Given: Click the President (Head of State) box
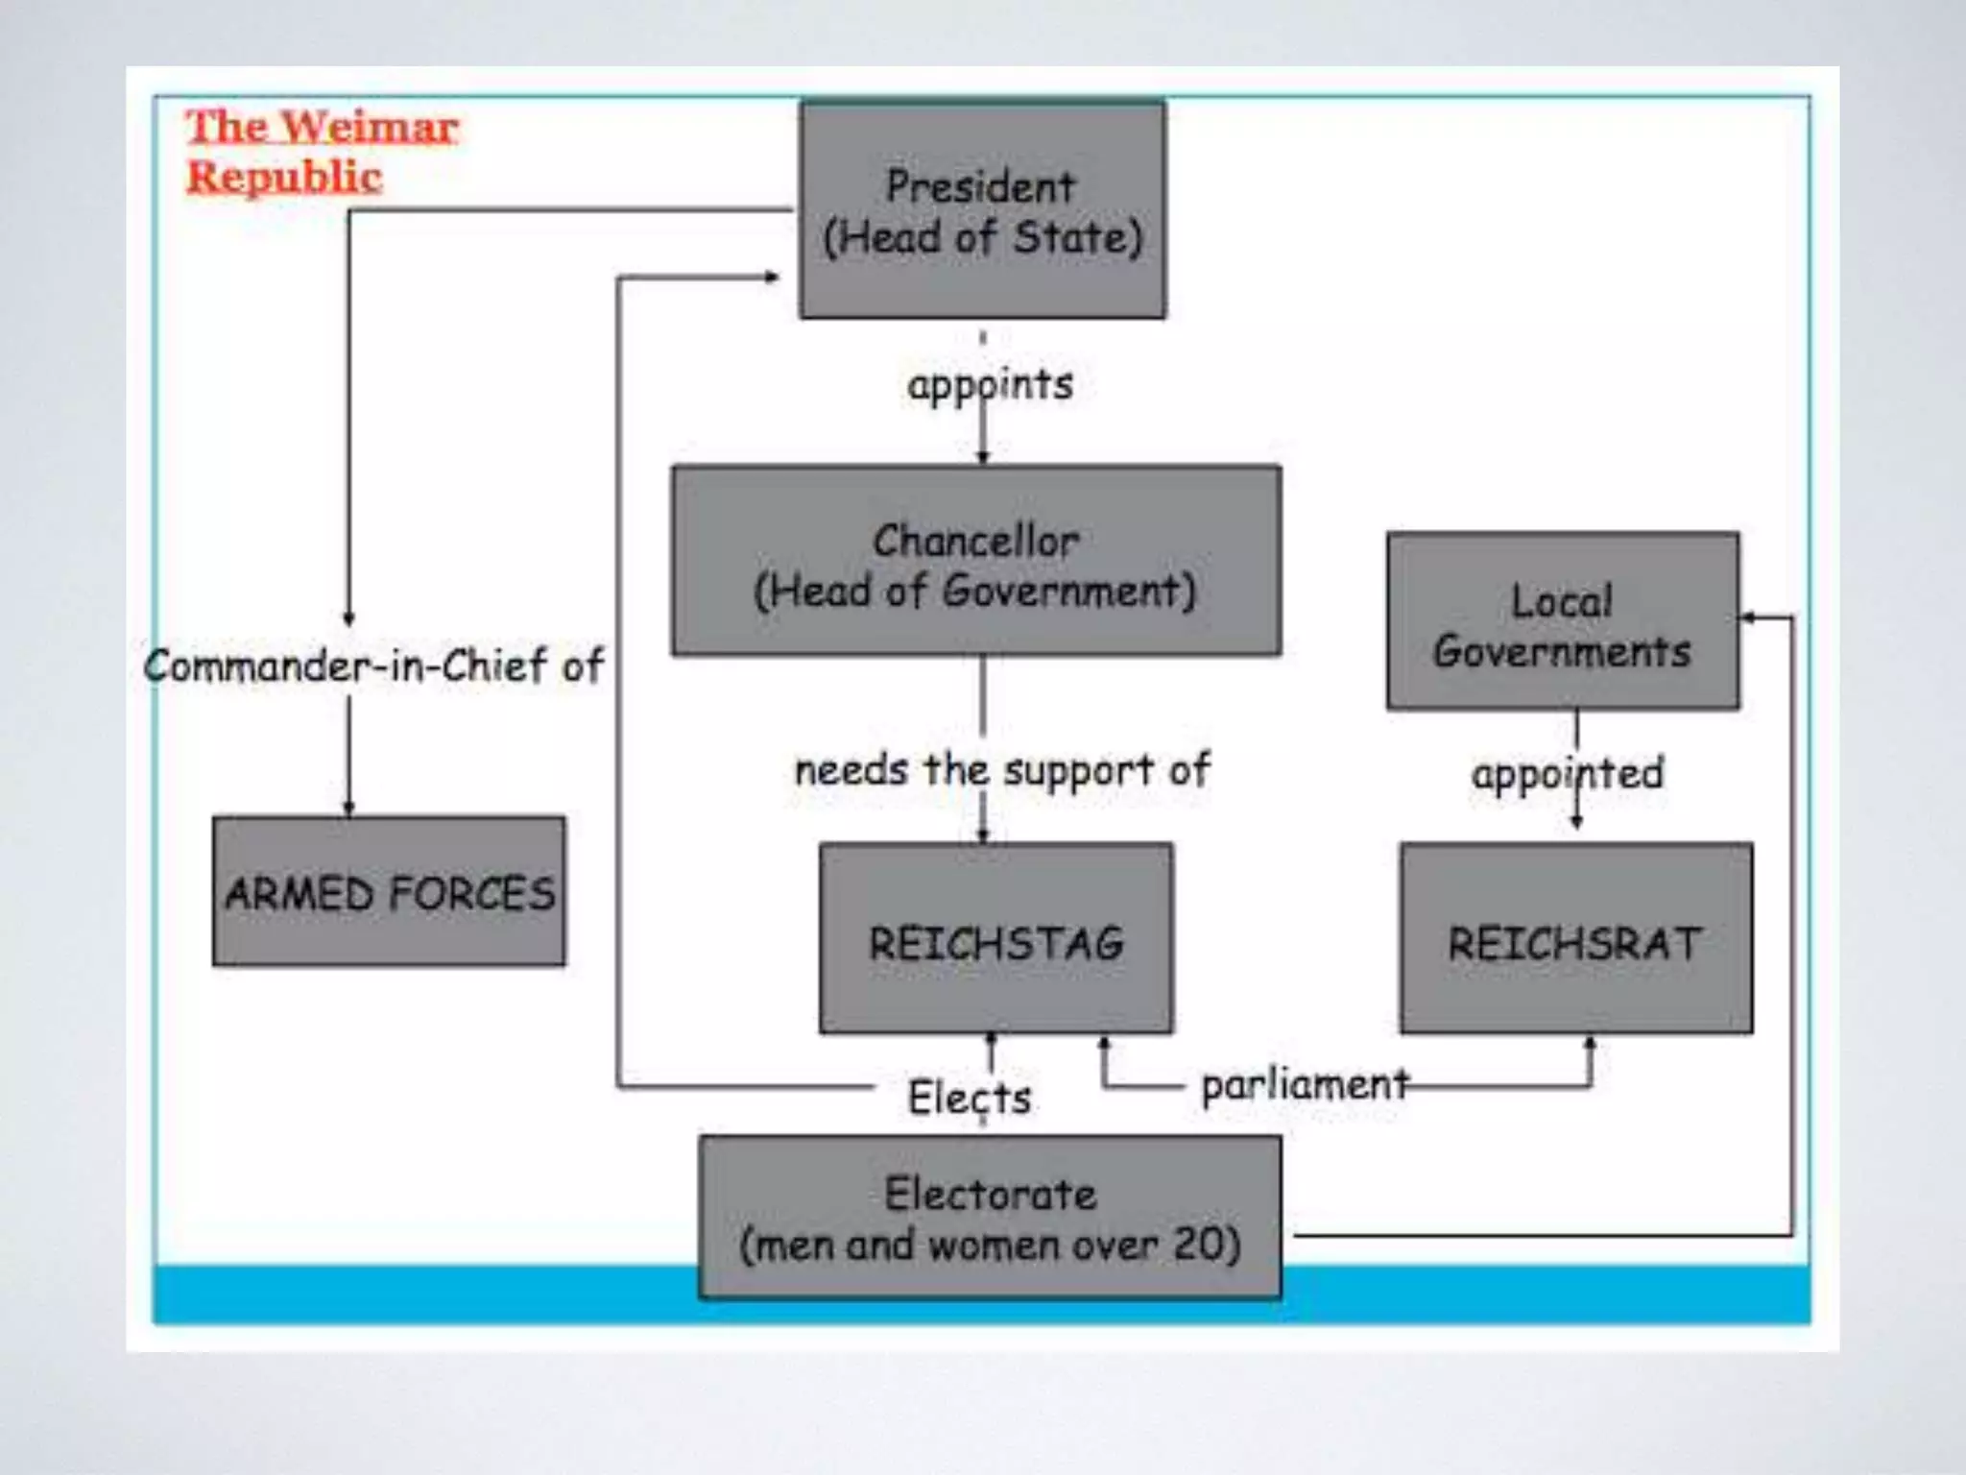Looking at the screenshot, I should click(x=982, y=210).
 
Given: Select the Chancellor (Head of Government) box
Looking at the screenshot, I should click(x=975, y=561).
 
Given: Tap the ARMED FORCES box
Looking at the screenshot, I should click(x=389, y=891).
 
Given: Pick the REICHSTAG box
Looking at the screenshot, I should click(x=995, y=938).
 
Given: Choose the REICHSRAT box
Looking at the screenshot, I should click(x=1575, y=938).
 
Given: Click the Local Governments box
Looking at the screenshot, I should click(x=1562, y=621).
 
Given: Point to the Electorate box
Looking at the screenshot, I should click(x=990, y=1217).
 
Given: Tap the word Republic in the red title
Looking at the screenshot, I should click(x=284, y=177).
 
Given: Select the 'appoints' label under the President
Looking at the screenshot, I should click(x=990, y=385).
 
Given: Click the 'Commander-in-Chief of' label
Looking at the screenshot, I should click(x=373, y=665).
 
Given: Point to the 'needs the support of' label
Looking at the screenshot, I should click(x=1002, y=769).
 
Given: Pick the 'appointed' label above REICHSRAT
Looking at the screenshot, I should click(x=1567, y=773).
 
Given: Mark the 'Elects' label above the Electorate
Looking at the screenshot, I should click(x=969, y=1097).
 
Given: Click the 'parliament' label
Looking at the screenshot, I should click(x=1305, y=1085).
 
